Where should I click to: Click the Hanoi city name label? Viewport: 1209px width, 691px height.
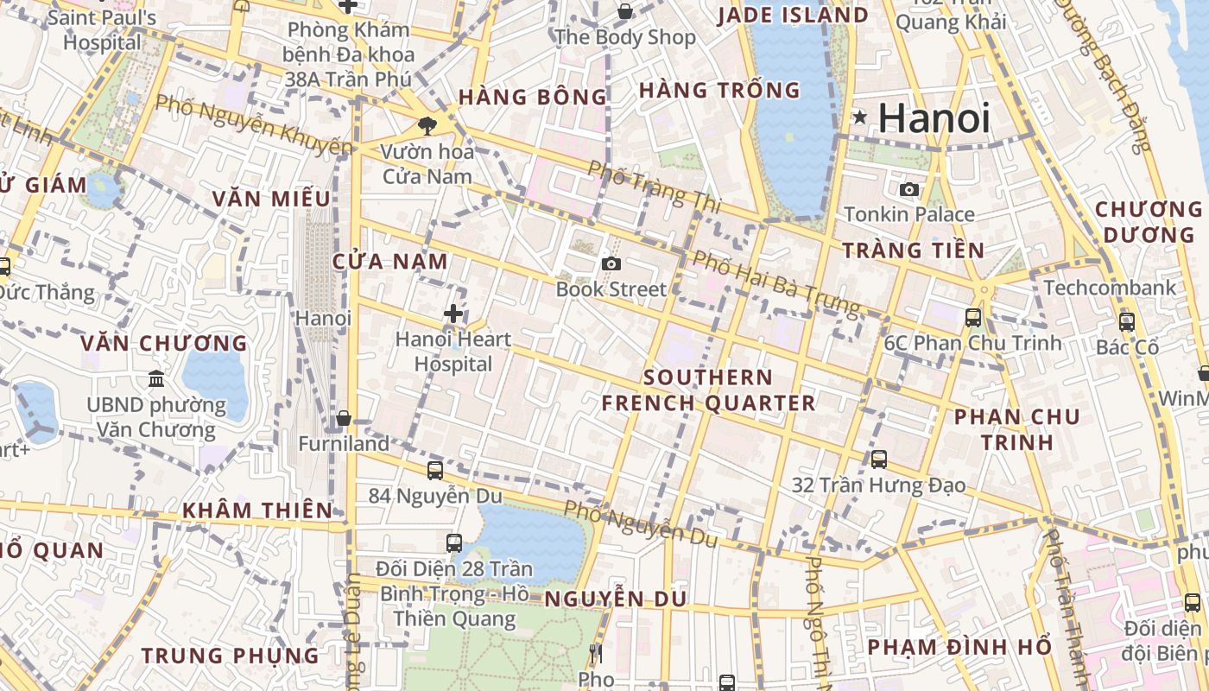(934, 117)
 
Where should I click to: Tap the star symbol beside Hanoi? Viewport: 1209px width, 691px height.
(859, 117)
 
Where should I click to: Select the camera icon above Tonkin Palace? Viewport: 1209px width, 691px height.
(909, 189)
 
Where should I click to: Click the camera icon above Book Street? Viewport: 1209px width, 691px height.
(611, 263)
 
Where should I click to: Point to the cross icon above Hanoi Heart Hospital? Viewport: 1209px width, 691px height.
(453, 314)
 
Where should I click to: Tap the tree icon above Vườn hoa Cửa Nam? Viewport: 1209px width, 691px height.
(427, 126)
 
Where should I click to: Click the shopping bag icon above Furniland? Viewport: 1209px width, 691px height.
(344, 418)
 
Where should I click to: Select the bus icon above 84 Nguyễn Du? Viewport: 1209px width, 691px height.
(435, 470)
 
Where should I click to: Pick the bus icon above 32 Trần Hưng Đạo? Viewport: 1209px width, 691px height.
(879, 459)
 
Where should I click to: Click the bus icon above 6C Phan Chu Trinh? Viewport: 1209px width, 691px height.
(973, 317)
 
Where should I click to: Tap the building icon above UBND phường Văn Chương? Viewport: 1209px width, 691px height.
(156, 378)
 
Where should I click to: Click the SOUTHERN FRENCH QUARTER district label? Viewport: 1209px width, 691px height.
(708, 390)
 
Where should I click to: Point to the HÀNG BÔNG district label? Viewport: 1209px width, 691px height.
(533, 98)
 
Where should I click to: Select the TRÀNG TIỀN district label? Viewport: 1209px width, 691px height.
(913, 250)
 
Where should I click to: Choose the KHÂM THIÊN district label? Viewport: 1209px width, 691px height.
(256, 510)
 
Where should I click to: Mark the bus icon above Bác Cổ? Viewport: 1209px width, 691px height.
(1126, 322)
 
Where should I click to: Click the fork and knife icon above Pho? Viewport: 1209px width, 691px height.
(595, 654)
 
